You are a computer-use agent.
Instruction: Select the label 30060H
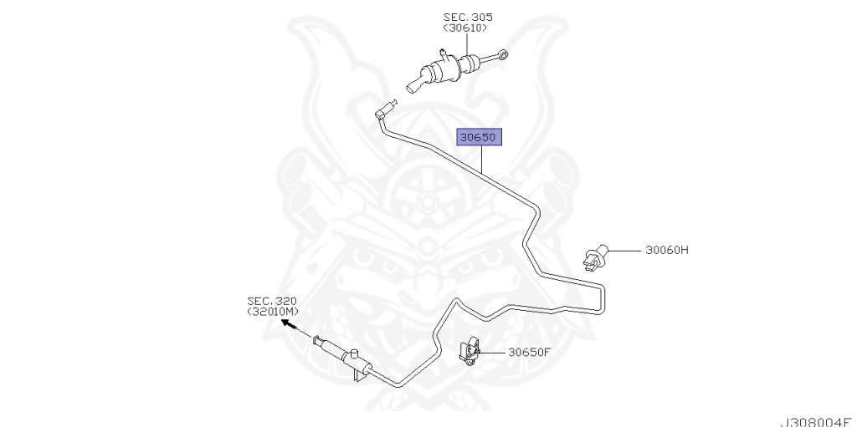coord(666,250)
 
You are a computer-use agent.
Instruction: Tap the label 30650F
coord(529,352)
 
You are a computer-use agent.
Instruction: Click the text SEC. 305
coord(468,17)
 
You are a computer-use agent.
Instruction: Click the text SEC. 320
coord(271,301)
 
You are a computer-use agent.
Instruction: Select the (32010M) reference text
coord(271,312)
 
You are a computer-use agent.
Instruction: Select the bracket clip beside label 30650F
coord(471,352)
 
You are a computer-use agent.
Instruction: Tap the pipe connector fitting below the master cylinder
coord(386,109)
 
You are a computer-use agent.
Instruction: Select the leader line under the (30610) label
coord(468,43)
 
